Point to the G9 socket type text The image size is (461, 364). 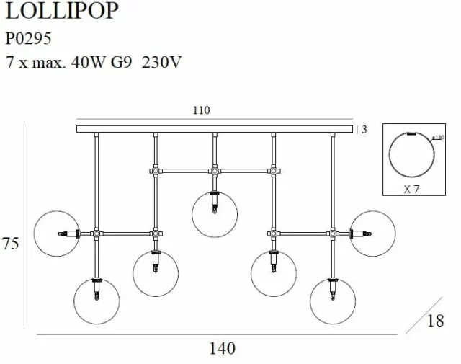(121, 62)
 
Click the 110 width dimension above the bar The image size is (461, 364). (201, 110)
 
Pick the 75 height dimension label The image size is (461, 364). (11, 244)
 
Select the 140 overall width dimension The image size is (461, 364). (222, 349)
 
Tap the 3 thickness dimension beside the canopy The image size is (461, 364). (364, 130)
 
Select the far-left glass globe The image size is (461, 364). (57, 234)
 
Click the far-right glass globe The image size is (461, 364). (372, 234)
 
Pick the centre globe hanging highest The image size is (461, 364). (215, 214)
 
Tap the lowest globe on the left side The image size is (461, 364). (97, 301)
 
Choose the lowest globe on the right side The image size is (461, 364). (333, 301)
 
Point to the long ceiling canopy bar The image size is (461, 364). (215, 129)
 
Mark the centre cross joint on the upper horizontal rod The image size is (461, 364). (214, 172)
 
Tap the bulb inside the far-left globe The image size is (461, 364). (71, 234)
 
